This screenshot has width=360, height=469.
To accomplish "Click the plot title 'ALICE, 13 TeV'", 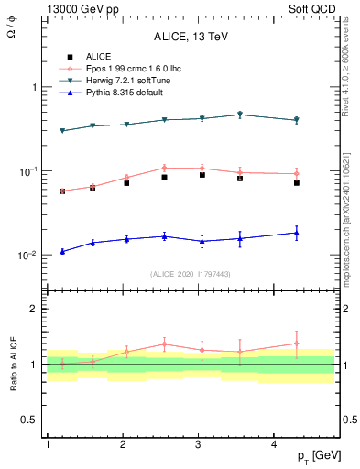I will (x=191, y=38).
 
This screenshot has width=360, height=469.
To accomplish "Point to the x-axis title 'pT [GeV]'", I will (x=317, y=455).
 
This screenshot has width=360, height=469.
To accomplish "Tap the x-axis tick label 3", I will (x=199, y=444).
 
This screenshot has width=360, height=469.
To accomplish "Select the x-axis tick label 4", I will (x=275, y=444).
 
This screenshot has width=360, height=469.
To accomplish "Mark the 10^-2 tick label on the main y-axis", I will (x=26, y=256).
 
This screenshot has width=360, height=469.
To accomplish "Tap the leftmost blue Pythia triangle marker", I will (x=62, y=251).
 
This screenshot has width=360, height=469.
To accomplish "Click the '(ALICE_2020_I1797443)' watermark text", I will (x=190, y=273).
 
